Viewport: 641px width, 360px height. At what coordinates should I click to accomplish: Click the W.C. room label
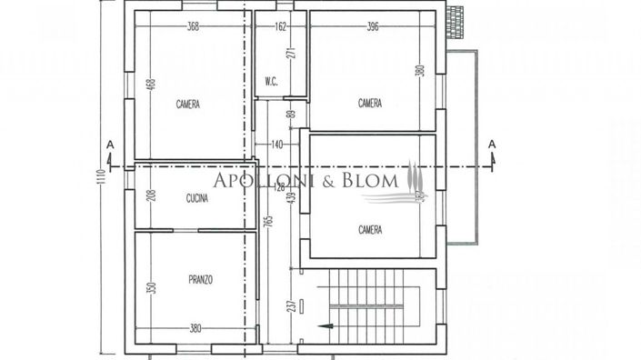pyautogui.click(x=271, y=82)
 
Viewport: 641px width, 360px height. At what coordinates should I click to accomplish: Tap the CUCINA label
pyautogui.click(x=197, y=198)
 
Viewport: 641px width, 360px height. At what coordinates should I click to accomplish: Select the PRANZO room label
pyautogui.click(x=201, y=280)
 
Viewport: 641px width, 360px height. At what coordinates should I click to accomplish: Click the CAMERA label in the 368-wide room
pyautogui.click(x=188, y=105)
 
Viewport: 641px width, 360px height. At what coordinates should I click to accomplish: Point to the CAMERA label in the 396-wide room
pyautogui.click(x=370, y=103)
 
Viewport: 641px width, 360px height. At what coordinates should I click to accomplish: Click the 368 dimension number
pyautogui.click(x=193, y=26)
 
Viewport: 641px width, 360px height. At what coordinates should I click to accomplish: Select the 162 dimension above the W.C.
pyautogui.click(x=280, y=26)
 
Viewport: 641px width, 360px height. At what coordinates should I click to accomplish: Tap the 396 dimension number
pyautogui.click(x=373, y=26)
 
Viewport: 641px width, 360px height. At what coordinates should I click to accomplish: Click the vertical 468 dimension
pyautogui.click(x=150, y=86)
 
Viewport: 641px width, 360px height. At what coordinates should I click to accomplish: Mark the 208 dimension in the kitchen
pyautogui.click(x=150, y=196)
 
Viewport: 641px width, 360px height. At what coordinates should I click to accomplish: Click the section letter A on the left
pyautogui.click(x=109, y=145)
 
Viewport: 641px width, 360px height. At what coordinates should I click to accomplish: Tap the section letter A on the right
pyautogui.click(x=492, y=145)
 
